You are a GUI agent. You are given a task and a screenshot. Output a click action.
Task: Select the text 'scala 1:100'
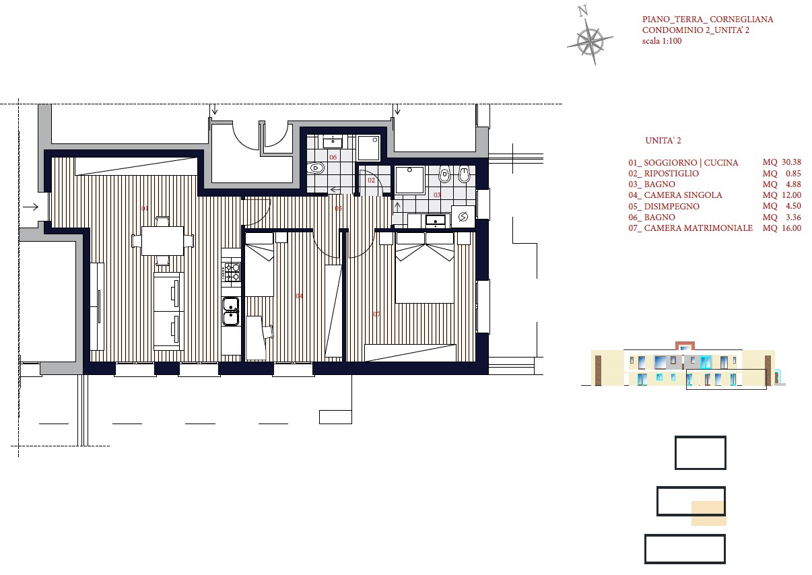pos(662,41)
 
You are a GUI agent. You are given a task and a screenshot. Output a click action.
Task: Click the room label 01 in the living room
pos(145,208)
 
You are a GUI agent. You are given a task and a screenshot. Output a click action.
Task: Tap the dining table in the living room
pos(162,241)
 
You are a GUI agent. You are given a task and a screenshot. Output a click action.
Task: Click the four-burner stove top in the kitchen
pos(231,272)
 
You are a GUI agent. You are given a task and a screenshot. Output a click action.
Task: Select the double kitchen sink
pos(231,311)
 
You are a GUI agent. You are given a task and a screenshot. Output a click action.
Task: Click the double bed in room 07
pos(424,267)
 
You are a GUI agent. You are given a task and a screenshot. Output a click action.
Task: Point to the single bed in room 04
pos(259,265)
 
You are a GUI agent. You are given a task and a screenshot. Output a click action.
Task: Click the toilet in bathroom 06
pos(315,168)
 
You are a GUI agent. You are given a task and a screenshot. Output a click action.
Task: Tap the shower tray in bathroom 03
pos(409,180)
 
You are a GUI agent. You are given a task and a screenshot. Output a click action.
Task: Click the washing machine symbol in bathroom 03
pos(463,217)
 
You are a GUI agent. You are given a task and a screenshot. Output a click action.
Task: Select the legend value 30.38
pos(791,162)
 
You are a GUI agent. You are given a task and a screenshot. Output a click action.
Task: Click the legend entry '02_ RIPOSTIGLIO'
pos(663,173)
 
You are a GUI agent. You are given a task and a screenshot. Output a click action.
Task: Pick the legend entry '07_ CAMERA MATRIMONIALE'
pos(691,228)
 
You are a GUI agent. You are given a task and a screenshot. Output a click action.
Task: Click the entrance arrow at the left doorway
pos(31,207)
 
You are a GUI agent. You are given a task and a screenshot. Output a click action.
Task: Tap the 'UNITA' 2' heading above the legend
pos(663,141)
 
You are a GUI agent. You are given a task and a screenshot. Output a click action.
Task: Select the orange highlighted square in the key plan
pos(709,513)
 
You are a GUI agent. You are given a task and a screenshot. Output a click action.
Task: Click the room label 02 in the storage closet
pos(371,180)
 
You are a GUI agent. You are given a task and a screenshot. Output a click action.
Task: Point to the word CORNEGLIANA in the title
pos(741,20)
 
